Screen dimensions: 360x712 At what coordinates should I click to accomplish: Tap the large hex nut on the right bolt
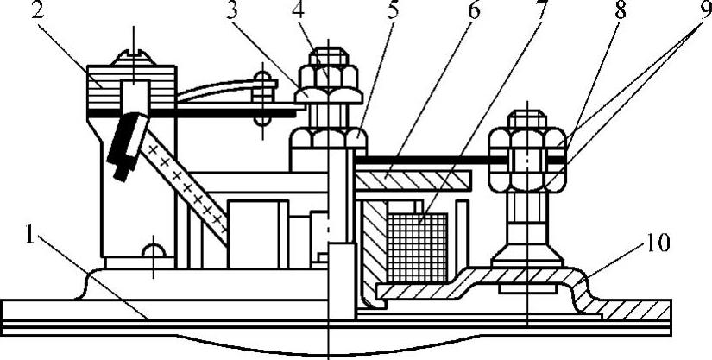point(526,161)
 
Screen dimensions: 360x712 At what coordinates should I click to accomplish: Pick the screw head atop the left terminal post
point(133,58)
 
